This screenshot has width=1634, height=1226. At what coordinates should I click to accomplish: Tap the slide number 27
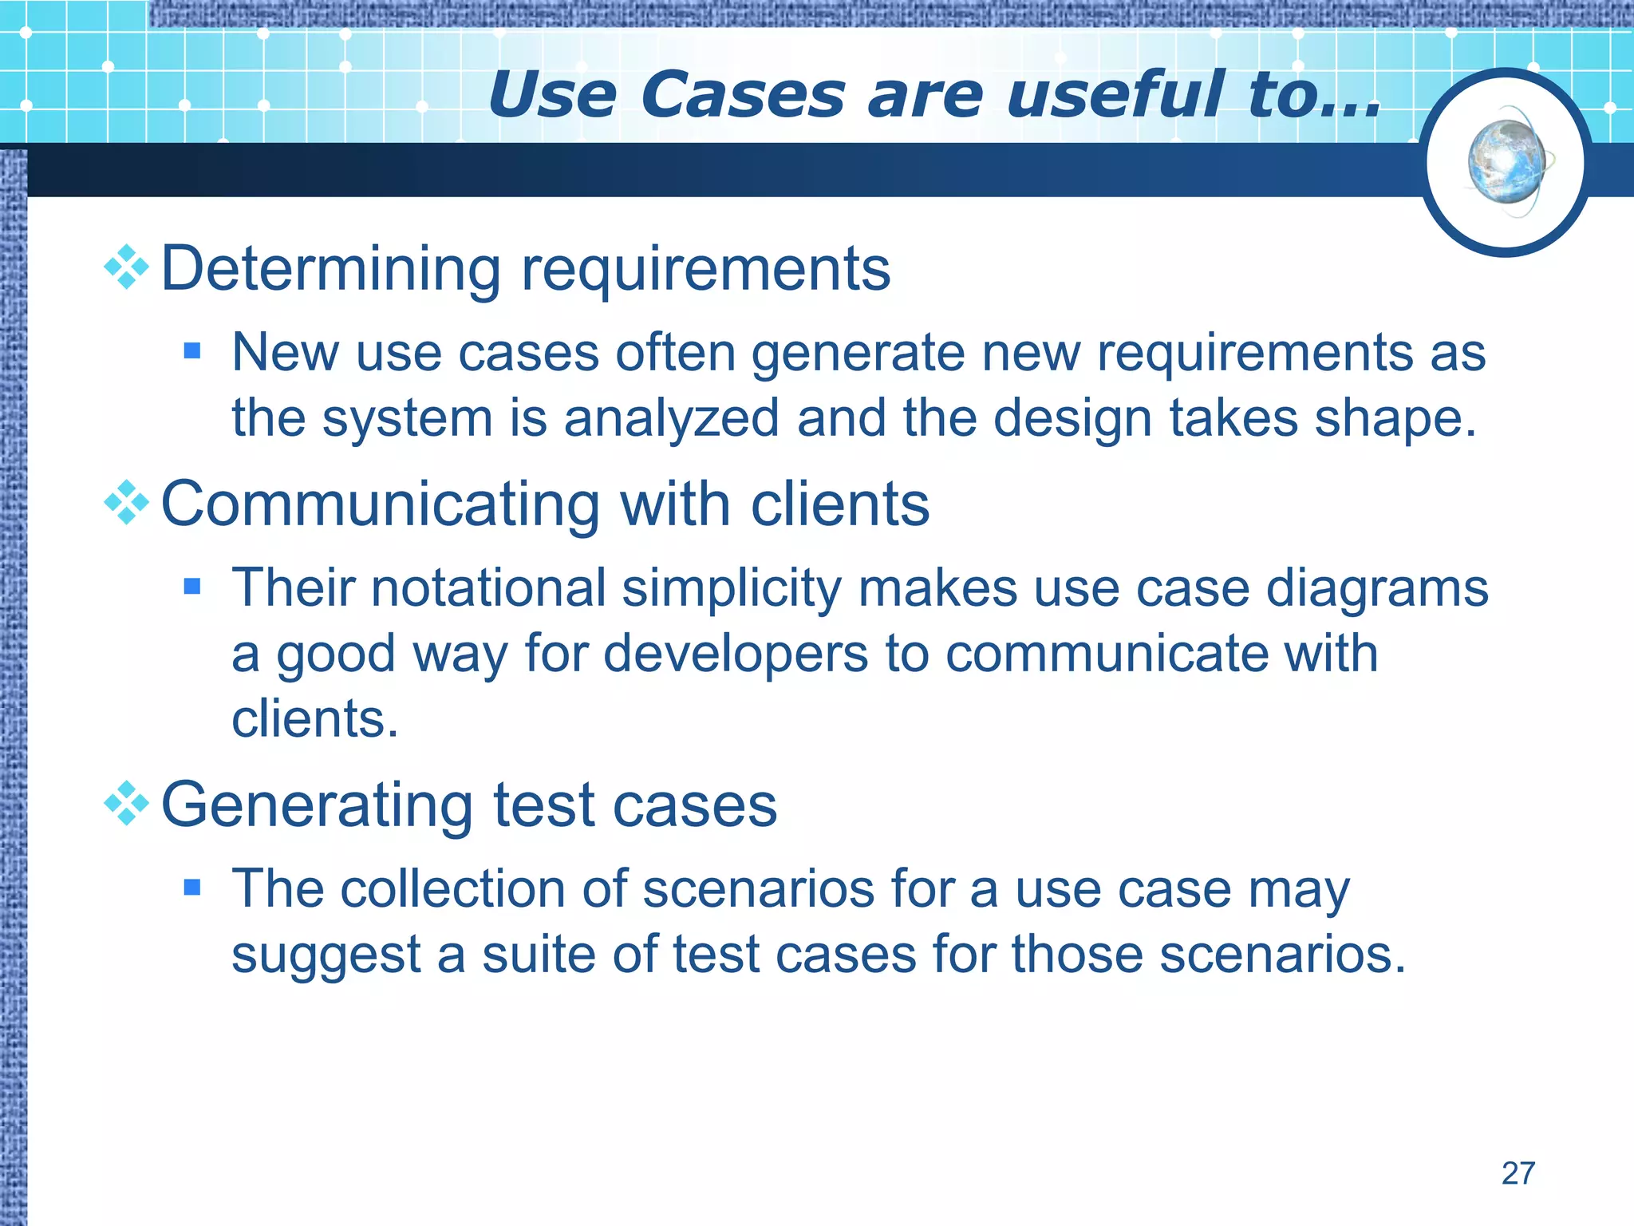[x=1518, y=1173]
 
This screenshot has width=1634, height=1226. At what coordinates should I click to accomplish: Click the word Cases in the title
[x=742, y=95]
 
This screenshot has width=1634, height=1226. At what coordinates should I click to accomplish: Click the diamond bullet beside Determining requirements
[x=127, y=267]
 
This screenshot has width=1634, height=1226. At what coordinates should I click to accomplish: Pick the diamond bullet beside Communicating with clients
[x=127, y=503]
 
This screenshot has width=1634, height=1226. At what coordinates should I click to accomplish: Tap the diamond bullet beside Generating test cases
[x=127, y=804]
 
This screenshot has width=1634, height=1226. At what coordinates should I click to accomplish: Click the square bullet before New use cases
[x=191, y=350]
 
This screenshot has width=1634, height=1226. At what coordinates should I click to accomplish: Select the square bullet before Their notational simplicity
[x=191, y=587]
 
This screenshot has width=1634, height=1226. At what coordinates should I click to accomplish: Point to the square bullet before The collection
[x=191, y=887]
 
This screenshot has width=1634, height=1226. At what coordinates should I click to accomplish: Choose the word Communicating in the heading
[x=380, y=504]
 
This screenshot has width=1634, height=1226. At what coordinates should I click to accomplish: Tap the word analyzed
[x=671, y=419]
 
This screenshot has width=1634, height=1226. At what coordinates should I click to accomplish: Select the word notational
[x=488, y=588]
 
